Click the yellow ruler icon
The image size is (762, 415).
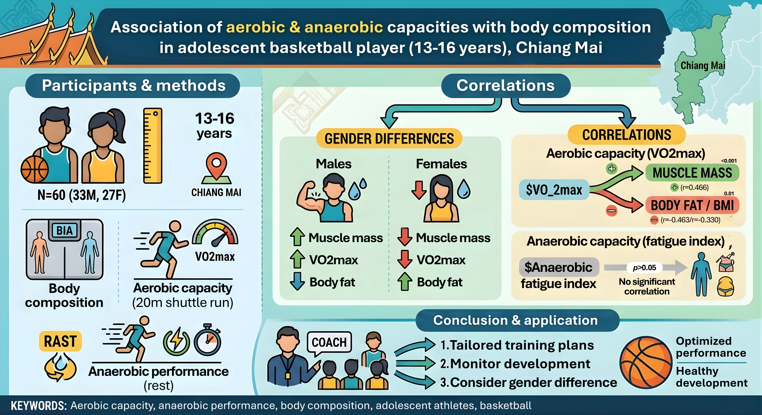[153, 145]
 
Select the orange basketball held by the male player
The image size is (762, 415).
[34, 169]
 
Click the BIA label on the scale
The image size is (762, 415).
[64, 230]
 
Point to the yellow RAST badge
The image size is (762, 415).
[60, 341]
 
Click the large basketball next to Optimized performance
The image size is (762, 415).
[646, 362]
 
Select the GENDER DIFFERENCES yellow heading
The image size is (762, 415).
[389, 139]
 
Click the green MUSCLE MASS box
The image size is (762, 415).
[692, 173]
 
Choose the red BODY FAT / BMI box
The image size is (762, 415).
[692, 205]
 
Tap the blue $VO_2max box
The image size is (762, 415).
[554, 190]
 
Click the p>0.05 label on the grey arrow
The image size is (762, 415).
[644, 267]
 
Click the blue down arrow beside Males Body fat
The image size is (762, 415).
[297, 281]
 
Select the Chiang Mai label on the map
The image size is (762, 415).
[703, 65]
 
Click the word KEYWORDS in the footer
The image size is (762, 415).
[39, 406]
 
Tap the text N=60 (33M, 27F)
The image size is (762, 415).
[82, 195]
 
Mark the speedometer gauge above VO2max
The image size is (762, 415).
[215, 233]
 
